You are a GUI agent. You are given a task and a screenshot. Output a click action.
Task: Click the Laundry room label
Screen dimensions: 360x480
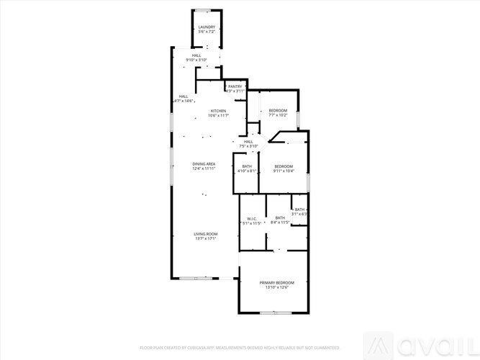pos(207,27)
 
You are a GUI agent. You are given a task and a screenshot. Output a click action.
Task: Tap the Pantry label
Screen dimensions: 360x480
pos(235,86)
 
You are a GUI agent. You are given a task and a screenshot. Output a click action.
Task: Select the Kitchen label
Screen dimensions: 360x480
pos(218,111)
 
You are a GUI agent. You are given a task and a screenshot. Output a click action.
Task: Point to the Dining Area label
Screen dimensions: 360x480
pos(204,164)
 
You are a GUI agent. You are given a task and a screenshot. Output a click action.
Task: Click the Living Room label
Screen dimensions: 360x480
pos(206,234)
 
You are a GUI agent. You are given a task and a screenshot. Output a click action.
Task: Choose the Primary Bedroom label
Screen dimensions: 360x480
pos(274,283)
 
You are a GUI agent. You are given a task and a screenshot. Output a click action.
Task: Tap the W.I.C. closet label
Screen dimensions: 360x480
pos(252,218)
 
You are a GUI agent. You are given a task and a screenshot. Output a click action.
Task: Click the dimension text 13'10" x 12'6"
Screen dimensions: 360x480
pos(274,288)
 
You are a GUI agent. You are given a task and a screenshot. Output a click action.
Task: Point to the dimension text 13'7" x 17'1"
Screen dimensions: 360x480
pos(206,238)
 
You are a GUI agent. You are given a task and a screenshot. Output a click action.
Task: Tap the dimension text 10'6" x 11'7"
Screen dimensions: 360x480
pos(218,115)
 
